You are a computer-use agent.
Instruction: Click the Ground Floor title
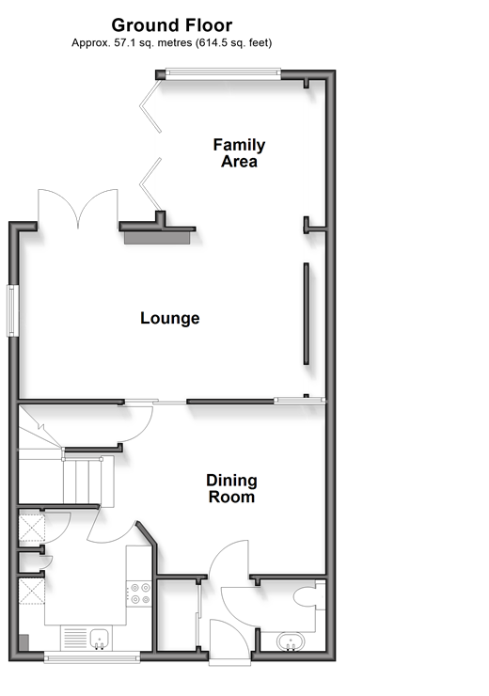tap(172, 25)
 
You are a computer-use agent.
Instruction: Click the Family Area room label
tap(239, 153)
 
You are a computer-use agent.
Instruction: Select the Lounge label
tap(170, 318)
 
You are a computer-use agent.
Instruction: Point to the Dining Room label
tap(231, 488)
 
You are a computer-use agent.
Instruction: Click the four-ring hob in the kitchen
tap(140, 593)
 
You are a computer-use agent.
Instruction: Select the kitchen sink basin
tap(100, 639)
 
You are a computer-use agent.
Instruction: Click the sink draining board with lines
tap(75, 638)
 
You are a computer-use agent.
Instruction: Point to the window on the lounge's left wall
tap(12, 310)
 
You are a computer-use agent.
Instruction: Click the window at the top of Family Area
tap(223, 73)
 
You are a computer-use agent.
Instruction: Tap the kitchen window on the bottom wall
tap(92, 656)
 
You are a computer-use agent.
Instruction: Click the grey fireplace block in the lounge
tap(157, 237)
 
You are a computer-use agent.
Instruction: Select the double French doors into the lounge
tap(78, 209)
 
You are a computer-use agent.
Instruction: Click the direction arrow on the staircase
tap(41, 427)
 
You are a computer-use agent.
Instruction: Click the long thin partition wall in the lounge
tap(307, 313)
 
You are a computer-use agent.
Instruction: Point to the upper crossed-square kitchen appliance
tap(32, 528)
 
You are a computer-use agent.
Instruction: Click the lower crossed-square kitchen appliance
tap(32, 591)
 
